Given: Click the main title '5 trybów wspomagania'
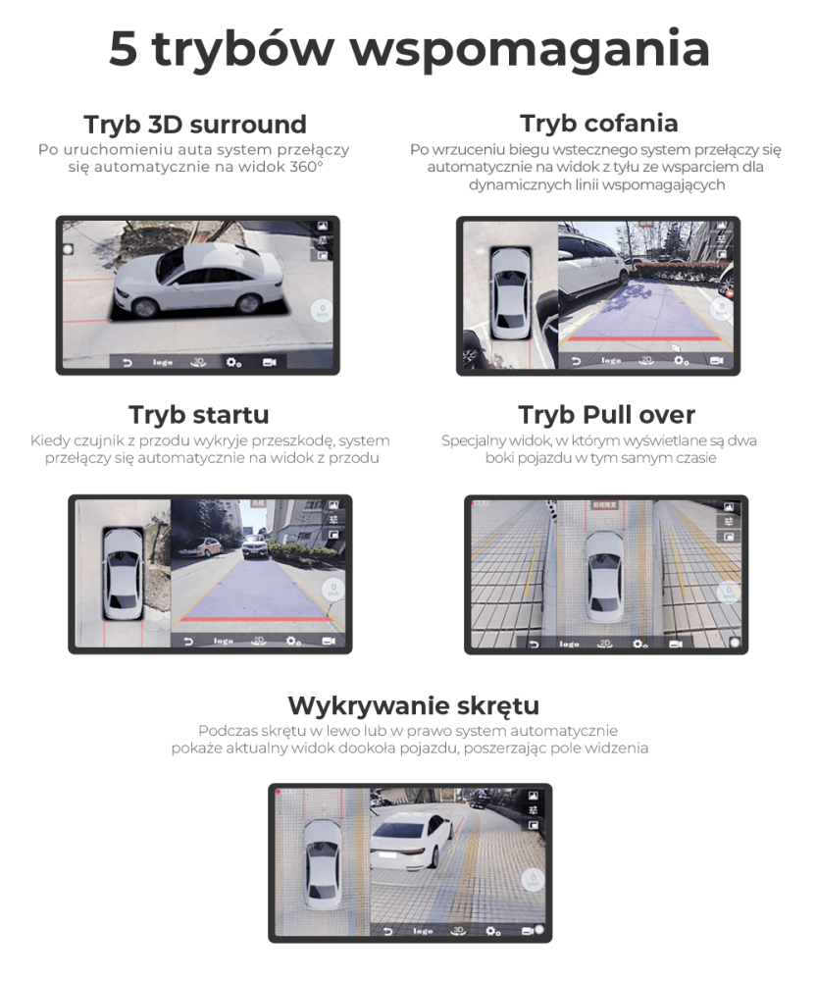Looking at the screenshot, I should pyautogui.click(x=408, y=49).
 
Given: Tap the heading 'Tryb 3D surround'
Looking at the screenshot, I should pyautogui.click(x=195, y=125).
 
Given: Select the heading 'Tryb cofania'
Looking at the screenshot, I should pyautogui.click(x=598, y=124).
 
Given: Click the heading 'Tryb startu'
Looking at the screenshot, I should pyautogui.click(x=198, y=414).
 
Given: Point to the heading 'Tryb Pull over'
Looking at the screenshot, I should pyautogui.click(x=606, y=414).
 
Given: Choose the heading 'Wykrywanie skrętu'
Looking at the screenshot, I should pyautogui.click(x=413, y=705).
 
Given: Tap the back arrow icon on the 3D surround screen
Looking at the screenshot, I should pyautogui.click(x=127, y=362).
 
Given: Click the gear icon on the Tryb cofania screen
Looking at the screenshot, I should pyautogui.click(x=681, y=361).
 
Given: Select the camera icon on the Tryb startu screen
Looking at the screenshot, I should pyautogui.click(x=328, y=642).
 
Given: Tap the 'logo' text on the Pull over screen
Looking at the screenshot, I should pyautogui.click(x=569, y=645).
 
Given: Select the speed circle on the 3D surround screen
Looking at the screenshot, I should pyautogui.click(x=322, y=313).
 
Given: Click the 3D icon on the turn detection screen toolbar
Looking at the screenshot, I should pyautogui.click(x=455, y=930).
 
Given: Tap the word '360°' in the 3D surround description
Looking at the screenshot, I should pyautogui.click(x=307, y=168).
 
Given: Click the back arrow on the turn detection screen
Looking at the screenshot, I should pyautogui.click(x=388, y=930).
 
